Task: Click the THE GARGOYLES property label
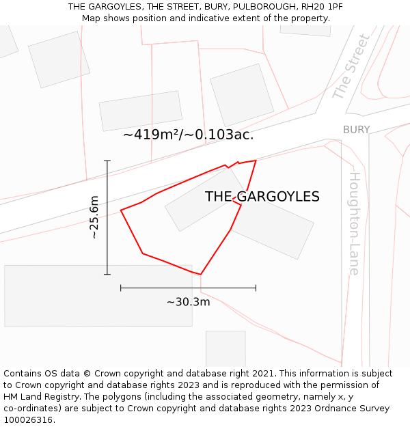coord(262,197)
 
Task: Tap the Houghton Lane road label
coord(355,223)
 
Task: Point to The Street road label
coord(351,68)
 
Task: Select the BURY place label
coord(356,130)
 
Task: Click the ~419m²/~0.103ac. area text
coord(188,135)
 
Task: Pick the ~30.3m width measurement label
coord(188,301)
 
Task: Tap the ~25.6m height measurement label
coord(94,217)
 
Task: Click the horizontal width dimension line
coord(188,288)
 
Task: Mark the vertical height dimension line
coord(107,217)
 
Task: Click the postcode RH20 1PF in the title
coord(322,6)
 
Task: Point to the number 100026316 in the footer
coord(28,420)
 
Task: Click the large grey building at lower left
coord(98,295)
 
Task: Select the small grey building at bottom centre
coord(225,348)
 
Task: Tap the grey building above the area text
coord(141,111)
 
